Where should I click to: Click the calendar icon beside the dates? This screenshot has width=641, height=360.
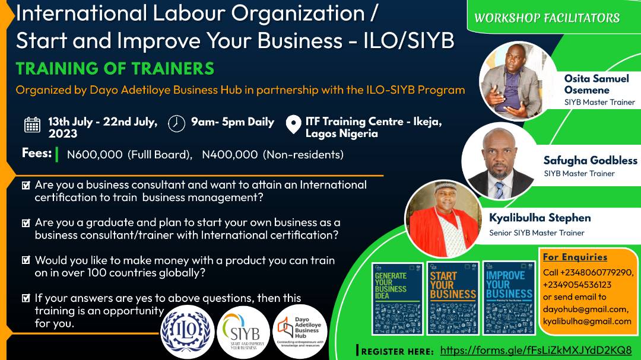32,125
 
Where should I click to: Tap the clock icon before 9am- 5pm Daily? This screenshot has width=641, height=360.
176,123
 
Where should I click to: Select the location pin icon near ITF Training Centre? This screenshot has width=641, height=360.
293,125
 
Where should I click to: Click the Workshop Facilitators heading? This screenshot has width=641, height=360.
547,18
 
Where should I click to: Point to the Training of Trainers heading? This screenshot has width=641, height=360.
115,69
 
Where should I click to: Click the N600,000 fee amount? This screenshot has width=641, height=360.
95,155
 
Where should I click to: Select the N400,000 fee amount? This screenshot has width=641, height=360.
230,155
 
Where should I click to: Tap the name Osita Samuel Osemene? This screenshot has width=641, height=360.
596,84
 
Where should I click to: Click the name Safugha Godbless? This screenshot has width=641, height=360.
590,161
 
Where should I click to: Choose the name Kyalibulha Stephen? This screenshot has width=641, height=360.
540,218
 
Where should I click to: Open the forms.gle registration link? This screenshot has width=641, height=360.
536,350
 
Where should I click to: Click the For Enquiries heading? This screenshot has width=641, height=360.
575,257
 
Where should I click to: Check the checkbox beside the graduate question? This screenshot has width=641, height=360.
26,224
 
